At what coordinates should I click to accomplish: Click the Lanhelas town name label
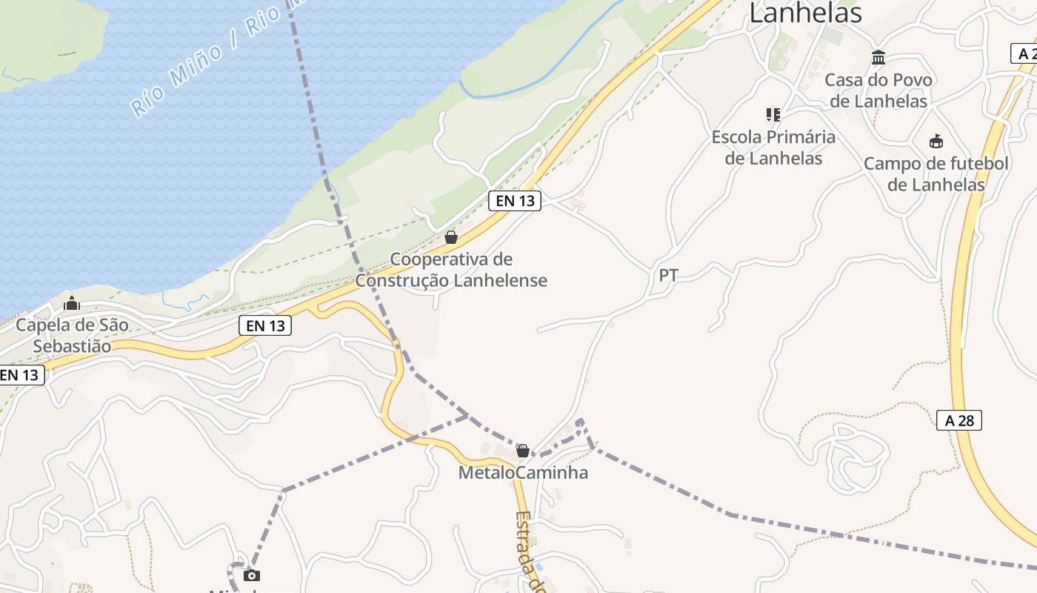tap(805, 13)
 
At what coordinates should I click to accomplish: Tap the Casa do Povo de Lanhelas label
tap(878, 90)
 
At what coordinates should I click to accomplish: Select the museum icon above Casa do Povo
tap(878, 58)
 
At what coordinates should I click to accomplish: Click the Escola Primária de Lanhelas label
tap(773, 148)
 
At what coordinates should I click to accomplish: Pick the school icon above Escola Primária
tap(773, 115)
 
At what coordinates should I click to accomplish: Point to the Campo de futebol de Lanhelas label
tap(936, 174)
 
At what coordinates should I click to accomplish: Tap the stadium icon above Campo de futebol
tap(936, 141)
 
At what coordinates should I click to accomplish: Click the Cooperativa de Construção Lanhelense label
tap(451, 270)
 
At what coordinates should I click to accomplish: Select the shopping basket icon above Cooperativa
tap(450, 237)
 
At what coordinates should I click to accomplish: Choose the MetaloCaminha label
tap(523, 472)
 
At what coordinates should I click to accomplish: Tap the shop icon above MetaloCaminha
tap(523, 451)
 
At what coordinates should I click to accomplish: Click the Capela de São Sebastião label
tap(72, 335)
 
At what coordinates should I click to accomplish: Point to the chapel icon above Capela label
tap(72, 303)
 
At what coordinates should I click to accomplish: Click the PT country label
tap(668, 276)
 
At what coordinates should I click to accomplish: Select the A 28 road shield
tap(959, 420)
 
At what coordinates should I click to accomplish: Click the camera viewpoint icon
tap(252, 576)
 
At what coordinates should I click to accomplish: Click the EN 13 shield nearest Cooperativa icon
tap(514, 200)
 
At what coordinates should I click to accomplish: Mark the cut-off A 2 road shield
tap(1024, 53)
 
